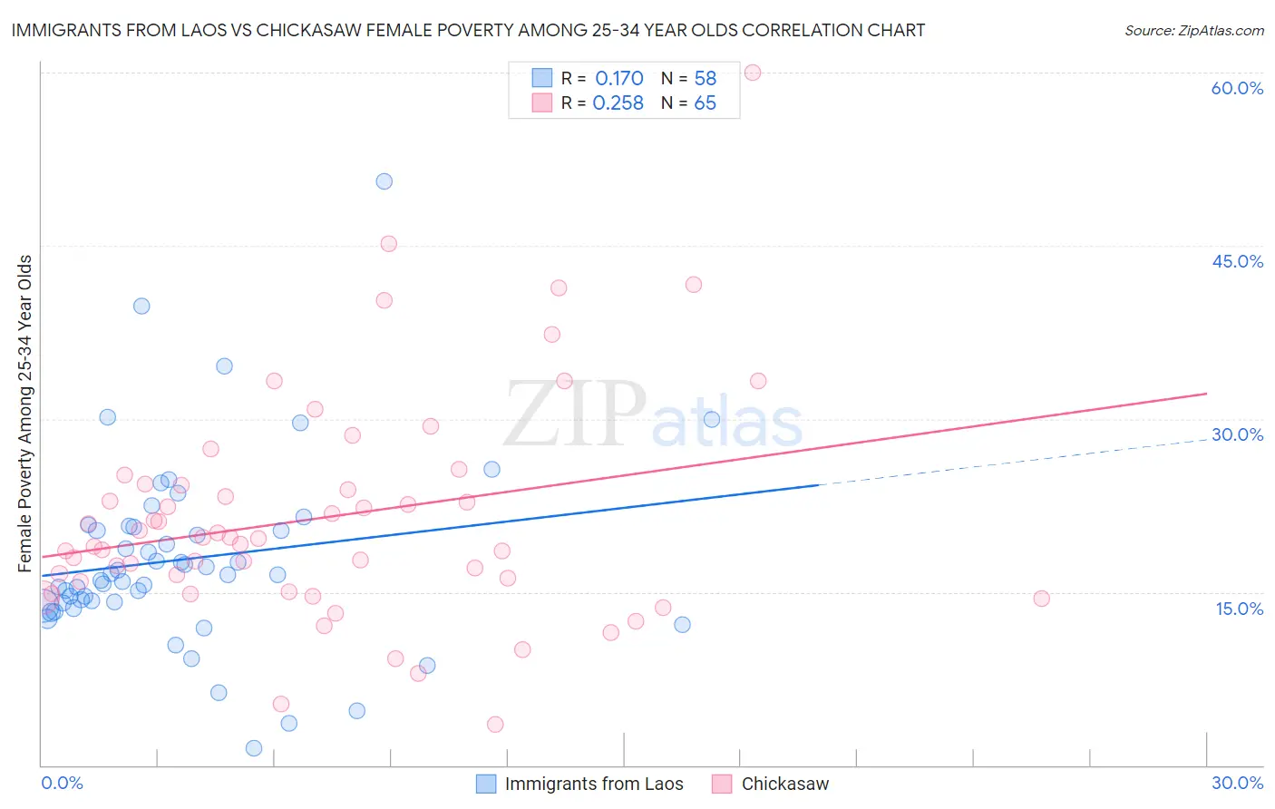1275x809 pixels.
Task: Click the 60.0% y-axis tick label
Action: click(1237, 88)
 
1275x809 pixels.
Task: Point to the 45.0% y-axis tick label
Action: click(1237, 261)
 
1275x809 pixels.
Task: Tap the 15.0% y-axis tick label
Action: click(1239, 609)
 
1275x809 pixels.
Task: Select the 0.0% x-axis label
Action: click(62, 783)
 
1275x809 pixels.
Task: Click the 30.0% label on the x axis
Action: click(1237, 783)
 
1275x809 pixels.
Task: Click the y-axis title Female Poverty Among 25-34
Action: click(25, 414)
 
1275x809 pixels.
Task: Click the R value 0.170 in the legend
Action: click(619, 79)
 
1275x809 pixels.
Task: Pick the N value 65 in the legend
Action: click(705, 103)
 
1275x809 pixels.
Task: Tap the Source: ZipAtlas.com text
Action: click(1193, 31)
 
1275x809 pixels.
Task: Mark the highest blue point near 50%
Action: click(384, 181)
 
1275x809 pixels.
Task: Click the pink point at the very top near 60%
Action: click(753, 73)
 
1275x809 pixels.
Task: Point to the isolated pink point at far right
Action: click(1041, 599)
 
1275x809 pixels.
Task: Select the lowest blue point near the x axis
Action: click(254, 748)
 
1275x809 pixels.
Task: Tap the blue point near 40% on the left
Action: click(141, 306)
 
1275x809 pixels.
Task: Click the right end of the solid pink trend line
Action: click(1206, 394)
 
